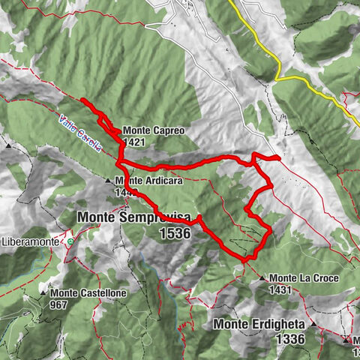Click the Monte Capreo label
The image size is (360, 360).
tap(154, 130)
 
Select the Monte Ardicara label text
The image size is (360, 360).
tap(149, 181)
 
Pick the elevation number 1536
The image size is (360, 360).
tap(175, 233)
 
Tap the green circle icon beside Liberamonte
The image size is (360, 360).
tap(70, 242)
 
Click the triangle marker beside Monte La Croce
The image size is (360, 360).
tap(262, 278)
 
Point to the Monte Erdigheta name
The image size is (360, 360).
tap(260, 324)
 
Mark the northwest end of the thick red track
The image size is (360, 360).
tap(82, 100)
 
